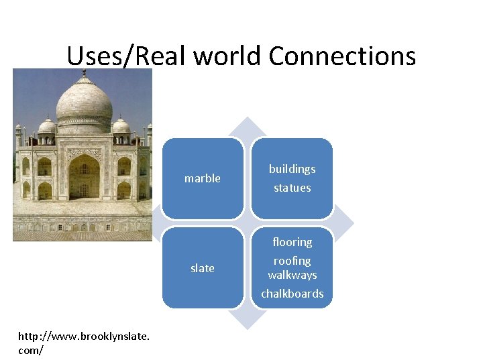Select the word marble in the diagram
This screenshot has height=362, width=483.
pos(202,178)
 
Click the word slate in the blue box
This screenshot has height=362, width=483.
pos(202,268)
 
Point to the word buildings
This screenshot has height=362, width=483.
pos(292,169)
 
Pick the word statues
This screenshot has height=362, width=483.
pos(292,188)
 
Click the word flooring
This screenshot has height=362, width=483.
pos(292,242)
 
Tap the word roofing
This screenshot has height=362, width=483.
pos(292,260)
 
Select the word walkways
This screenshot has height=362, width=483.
pos(292,275)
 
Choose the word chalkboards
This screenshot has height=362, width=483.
pos(292,294)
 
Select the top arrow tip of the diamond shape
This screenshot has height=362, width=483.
pos(248,121)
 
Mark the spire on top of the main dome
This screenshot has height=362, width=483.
pos(84,72)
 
